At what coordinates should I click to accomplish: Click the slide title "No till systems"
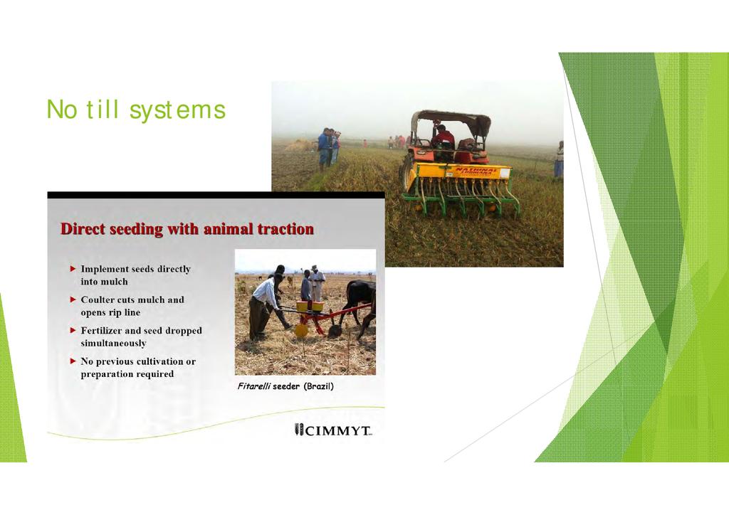tap(136, 110)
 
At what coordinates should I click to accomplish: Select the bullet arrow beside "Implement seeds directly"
tap(73, 269)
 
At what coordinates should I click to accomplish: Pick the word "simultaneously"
tap(113, 344)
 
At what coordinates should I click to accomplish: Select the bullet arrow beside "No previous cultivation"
tap(73, 361)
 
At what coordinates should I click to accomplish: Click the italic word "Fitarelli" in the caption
tap(254, 386)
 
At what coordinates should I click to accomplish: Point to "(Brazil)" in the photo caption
tap(318, 386)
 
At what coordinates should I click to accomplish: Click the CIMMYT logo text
tap(333, 430)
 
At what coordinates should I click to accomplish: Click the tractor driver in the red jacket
tap(442, 137)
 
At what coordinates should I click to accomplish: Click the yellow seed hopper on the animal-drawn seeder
tap(310, 307)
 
